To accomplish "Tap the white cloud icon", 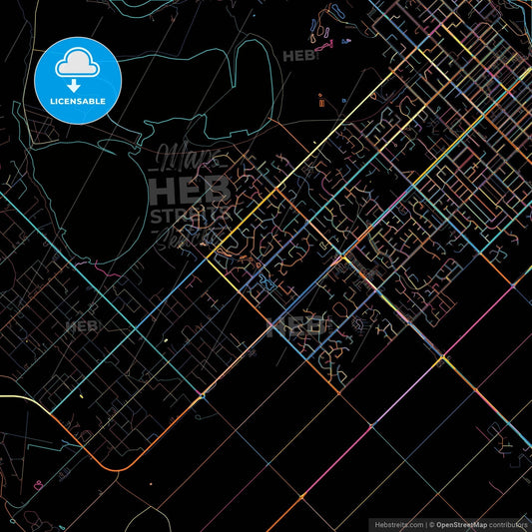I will pyautogui.click(x=78, y=63).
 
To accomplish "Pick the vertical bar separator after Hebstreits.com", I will pyautogui.click(x=426, y=523).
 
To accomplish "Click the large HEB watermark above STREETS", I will pyautogui.click(x=190, y=189).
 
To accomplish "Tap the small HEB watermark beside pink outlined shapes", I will pyautogui.click(x=298, y=55).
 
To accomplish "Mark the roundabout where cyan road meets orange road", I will pyautogui.click(x=204, y=394).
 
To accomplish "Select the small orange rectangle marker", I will pyautogui.click(x=320, y=99).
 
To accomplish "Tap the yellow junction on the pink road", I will pyautogui.click(x=440, y=355).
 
